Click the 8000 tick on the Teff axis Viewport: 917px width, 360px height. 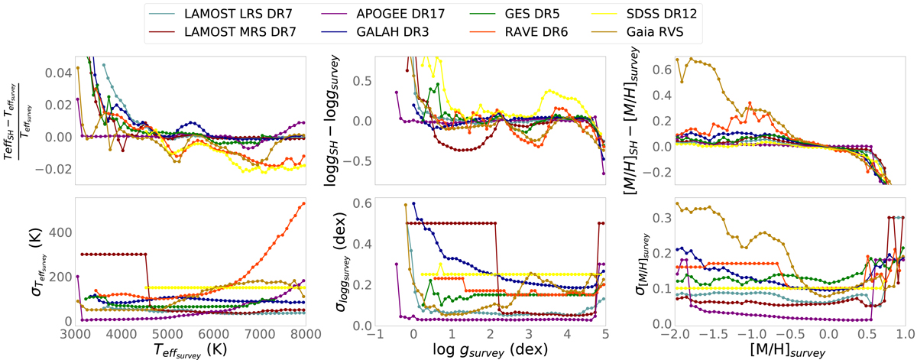click(305, 335)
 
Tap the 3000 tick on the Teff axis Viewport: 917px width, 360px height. click(75, 335)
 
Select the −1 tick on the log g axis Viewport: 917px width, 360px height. click(374, 335)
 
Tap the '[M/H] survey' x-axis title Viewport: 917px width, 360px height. click(789, 351)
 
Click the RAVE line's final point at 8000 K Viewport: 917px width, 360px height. click(304, 203)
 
